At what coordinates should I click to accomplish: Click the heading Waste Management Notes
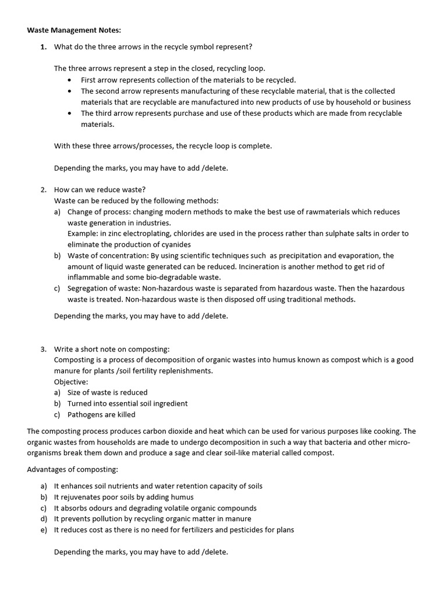(x=74, y=30)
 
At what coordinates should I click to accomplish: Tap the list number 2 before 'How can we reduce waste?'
(x=43, y=190)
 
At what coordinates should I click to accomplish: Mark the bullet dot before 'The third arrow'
(x=70, y=113)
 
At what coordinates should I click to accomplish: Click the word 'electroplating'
(x=132, y=233)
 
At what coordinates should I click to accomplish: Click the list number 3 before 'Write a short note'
(x=43, y=349)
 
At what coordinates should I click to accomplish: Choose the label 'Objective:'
(x=71, y=382)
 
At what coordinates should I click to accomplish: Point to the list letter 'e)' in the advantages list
(x=44, y=530)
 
